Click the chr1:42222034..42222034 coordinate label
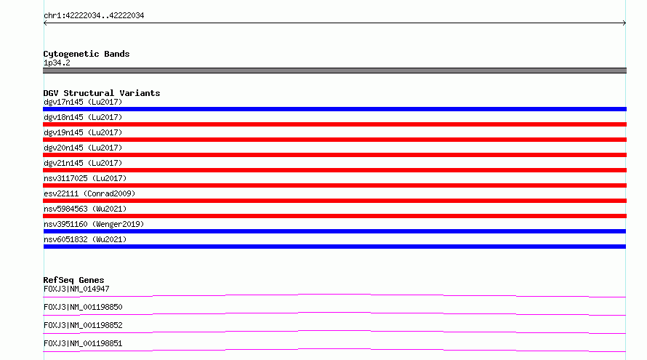click(x=94, y=16)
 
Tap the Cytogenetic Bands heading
click(x=87, y=54)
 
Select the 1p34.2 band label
click(x=57, y=63)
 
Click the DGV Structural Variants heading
click(x=102, y=93)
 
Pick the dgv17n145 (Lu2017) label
click(x=83, y=102)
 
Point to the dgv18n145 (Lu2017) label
click(x=83, y=117)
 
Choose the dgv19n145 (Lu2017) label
click(x=83, y=132)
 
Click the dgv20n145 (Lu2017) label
click(x=83, y=148)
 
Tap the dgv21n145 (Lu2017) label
click(x=83, y=163)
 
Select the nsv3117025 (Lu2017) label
click(x=85, y=178)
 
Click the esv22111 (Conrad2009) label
click(x=89, y=193)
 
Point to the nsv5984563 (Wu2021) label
click(x=85, y=209)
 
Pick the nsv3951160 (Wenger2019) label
click(x=94, y=224)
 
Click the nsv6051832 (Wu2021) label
click(x=85, y=239)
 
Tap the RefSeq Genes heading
click(x=73, y=280)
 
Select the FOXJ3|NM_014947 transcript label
click(x=76, y=289)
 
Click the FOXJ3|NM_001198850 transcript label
click(x=83, y=307)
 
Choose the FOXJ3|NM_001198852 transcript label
click(x=83, y=325)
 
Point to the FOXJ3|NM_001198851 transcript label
click(x=83, y=343)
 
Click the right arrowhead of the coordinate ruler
click(x=625, y=23)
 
